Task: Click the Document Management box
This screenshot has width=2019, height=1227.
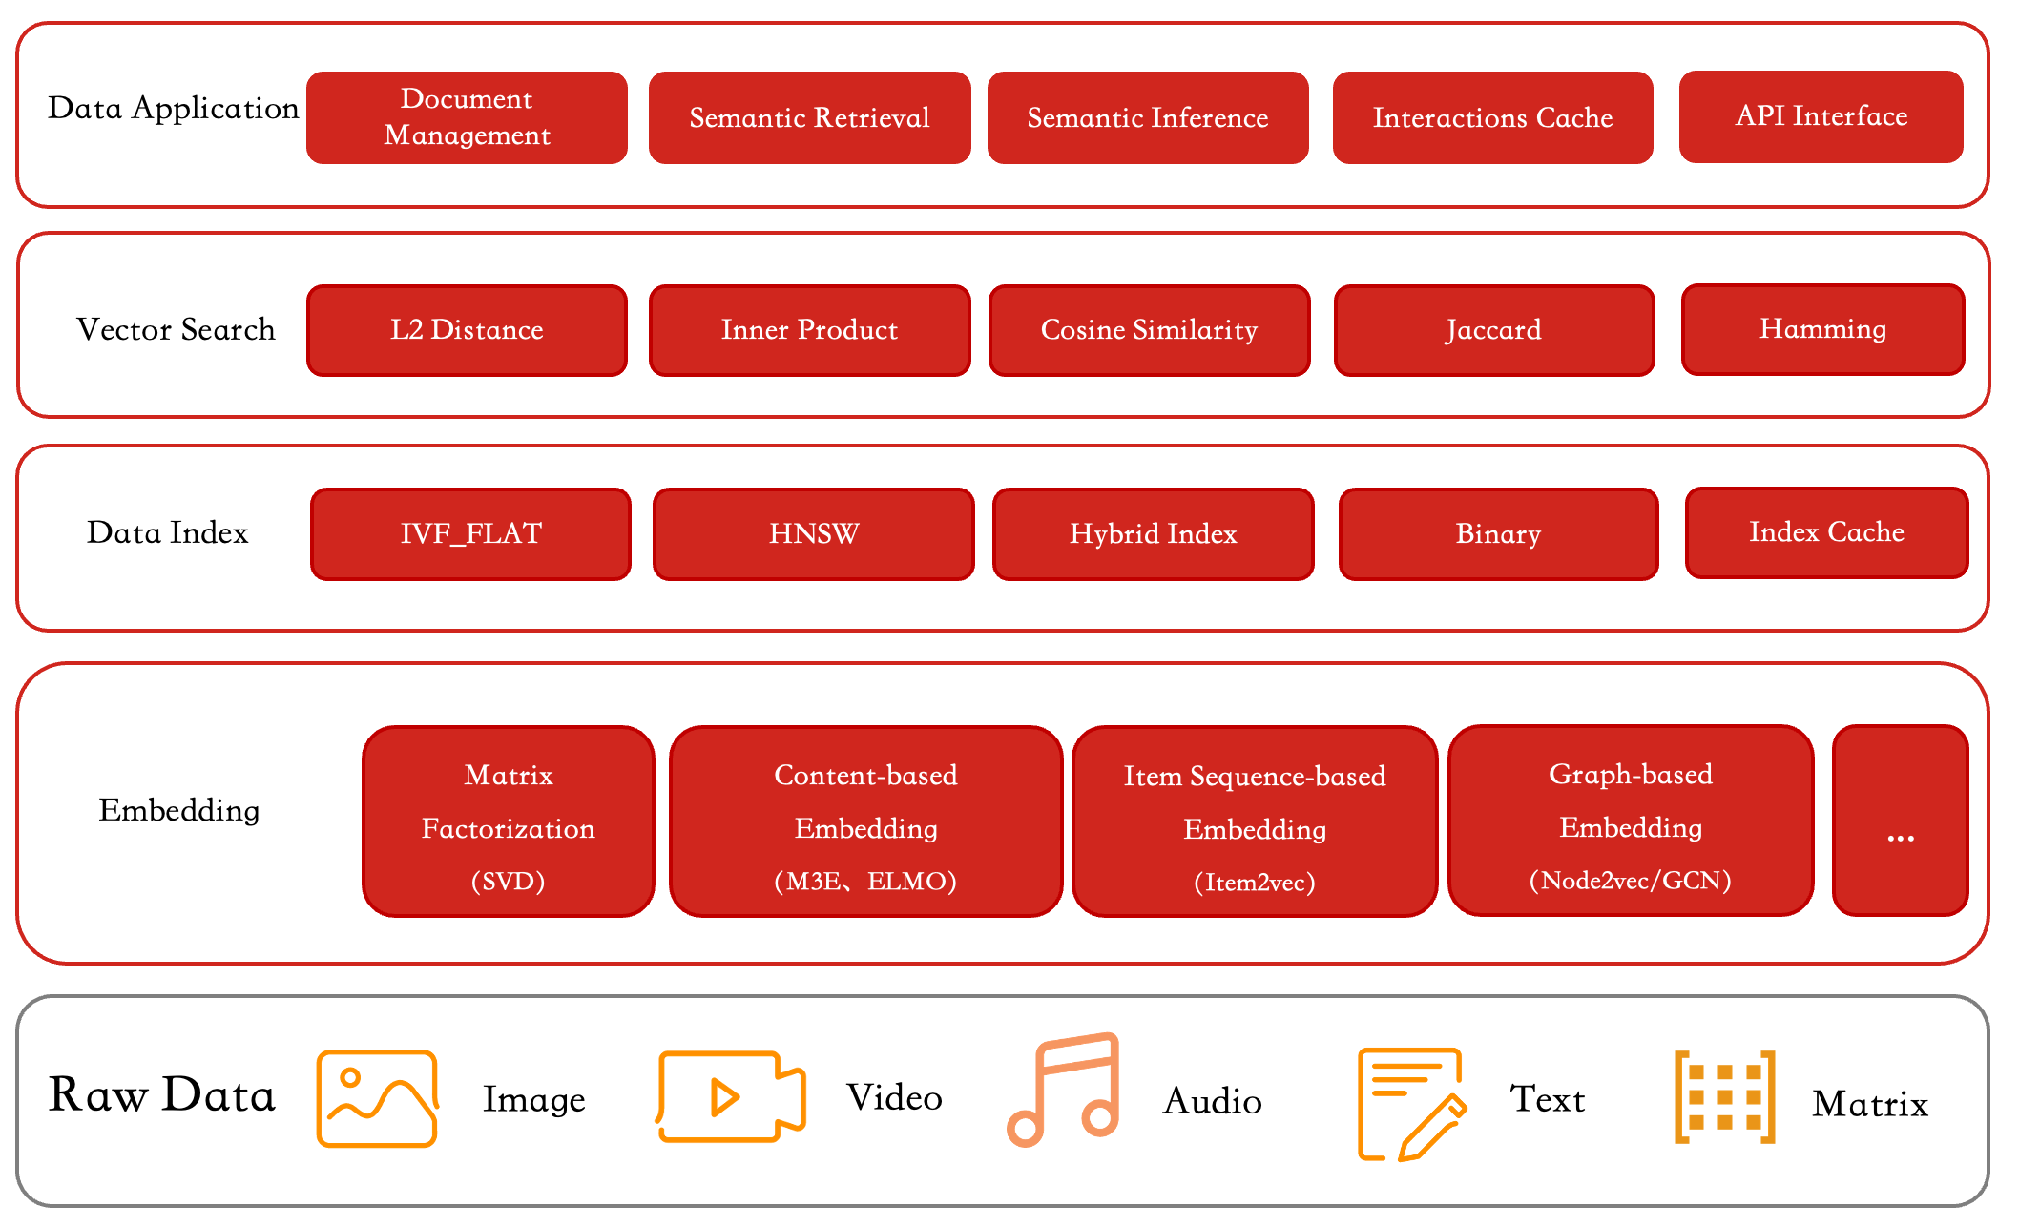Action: (467, 117)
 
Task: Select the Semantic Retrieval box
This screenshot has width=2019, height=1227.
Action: (809, 117)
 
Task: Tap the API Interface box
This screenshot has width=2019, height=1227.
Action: (1821, 116)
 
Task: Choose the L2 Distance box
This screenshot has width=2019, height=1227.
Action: (467, 330)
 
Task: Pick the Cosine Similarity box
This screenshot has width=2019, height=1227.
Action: (1149, 330)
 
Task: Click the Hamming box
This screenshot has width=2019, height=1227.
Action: (1822, 329)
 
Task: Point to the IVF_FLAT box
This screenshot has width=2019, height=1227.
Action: (470, 534)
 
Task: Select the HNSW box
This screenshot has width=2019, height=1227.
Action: (814, 534)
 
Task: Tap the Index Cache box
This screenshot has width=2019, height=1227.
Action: (1826, 532)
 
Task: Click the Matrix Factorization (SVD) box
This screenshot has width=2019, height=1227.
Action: (509, 821)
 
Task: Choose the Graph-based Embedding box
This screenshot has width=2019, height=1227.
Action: (1631, 821)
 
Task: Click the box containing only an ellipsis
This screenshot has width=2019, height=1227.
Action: (1900, 821)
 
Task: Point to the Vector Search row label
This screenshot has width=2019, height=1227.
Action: (176, 329)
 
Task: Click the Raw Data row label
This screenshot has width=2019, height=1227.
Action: (162, 1094)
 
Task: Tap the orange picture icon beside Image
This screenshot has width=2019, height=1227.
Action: (377, 1098)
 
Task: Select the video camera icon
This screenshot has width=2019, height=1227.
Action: (731, 1096)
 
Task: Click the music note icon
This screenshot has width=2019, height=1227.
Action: (1063, 1090)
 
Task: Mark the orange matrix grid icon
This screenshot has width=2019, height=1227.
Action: (1725, 1097)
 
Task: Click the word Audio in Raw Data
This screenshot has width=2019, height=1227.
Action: (1213, 1101)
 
